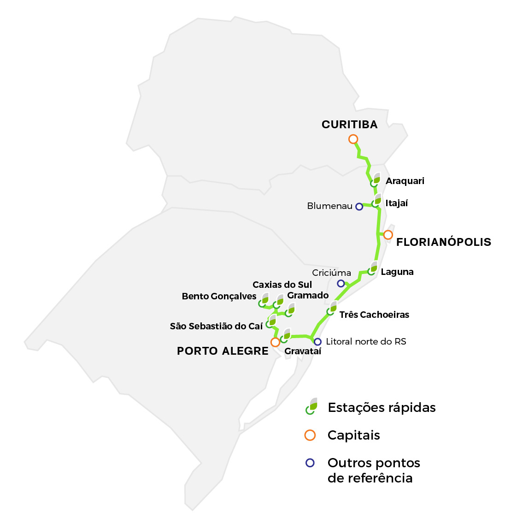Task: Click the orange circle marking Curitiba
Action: (x=353, y=139)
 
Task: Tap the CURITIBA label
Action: (x=349, y=125)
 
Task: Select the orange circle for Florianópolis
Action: (x=388, y=235)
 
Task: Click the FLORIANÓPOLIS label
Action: (x=443, y=242)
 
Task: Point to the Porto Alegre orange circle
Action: (x=275, y=342)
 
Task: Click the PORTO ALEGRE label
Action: (x=223, y=351)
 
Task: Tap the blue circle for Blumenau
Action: (x=359, y=207)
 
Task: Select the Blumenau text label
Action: (x=329, y=206)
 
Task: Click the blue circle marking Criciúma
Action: (x=341, y=283)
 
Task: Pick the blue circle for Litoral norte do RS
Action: (x=317, y=342)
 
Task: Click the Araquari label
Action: (x=405, y=181)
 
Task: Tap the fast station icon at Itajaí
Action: (x=377, y=201)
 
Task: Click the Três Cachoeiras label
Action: (x=374, y=315)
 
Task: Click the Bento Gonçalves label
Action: (x=219, y=296)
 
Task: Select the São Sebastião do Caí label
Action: (x=216, y=326)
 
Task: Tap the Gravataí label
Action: (x=303, y=351)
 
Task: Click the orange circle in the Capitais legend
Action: (x=310, y=435)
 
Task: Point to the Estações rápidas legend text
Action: (x=382, y=408)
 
